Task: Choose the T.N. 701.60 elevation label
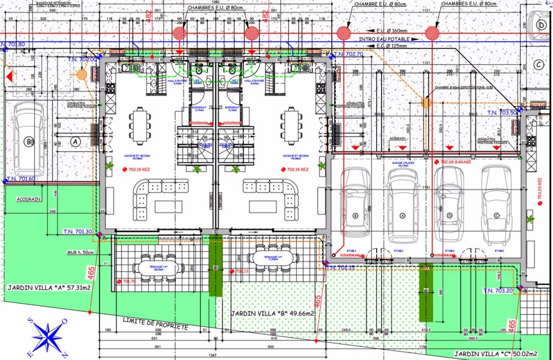point(21,179)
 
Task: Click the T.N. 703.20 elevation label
point(499,291)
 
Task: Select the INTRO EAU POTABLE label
point(384,40)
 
